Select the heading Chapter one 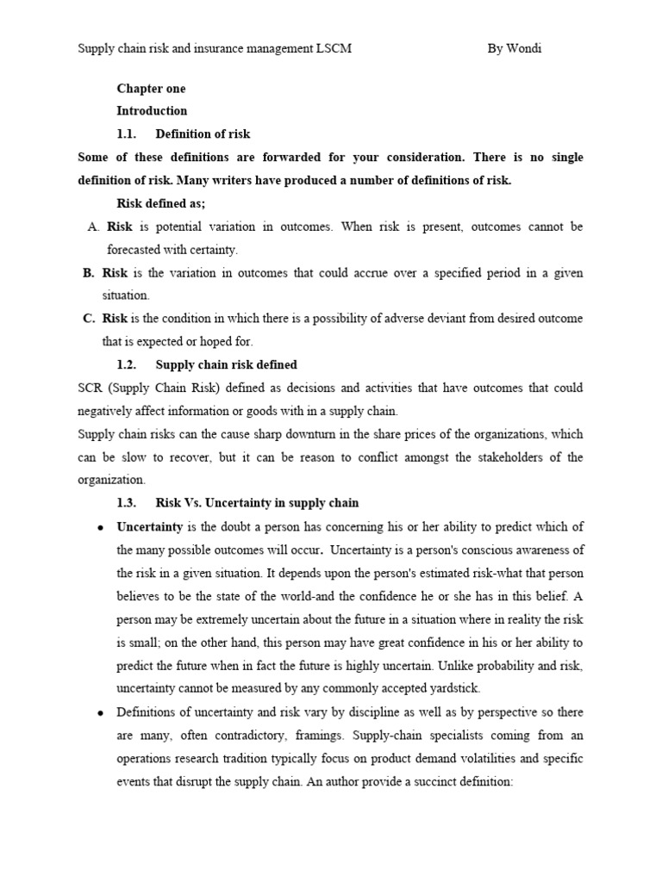pos(151,89)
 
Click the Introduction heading pos(152,111)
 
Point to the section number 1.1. pos(127,134)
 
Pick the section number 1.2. pos(127,364)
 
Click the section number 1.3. pos(127,503)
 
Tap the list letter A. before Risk pos(94,227)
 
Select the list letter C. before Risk pos(89,319)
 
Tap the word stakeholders pos(497,457)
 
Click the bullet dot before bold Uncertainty pos(101,527)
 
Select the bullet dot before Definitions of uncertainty pos(101,712)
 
